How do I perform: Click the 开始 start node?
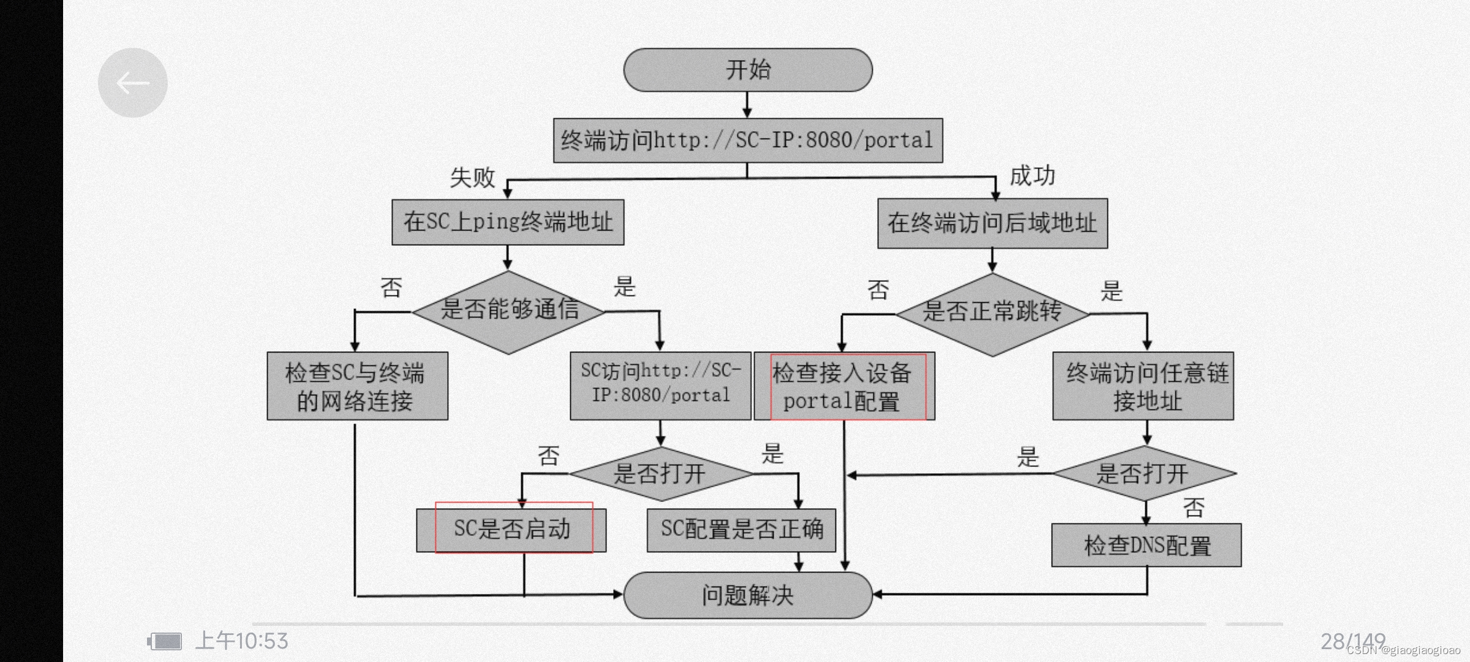click(748, 70)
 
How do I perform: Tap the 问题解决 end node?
click(748, 595)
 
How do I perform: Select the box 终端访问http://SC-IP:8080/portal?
click(748, 140)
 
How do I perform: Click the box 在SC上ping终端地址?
click(508, 222)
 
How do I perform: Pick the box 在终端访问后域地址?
click(992, 223)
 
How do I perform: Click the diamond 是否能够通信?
click(508, 311)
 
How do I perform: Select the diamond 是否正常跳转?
click(992, 313)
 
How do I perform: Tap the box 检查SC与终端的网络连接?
click(357, 386)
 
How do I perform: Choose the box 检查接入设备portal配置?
click(844, 386)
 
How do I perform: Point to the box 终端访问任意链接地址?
click(1143, 386)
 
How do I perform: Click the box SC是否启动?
click(511, 530)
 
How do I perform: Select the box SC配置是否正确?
click(741, 530)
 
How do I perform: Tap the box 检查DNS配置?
click(1147, 545)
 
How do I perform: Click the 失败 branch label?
click(472, 178)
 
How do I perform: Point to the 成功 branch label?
click(1033, 176)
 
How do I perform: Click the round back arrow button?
click(133, 83)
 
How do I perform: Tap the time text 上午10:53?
click(241, 641)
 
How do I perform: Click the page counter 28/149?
click(1352, 641)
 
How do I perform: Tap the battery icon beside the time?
click(165, 642)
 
